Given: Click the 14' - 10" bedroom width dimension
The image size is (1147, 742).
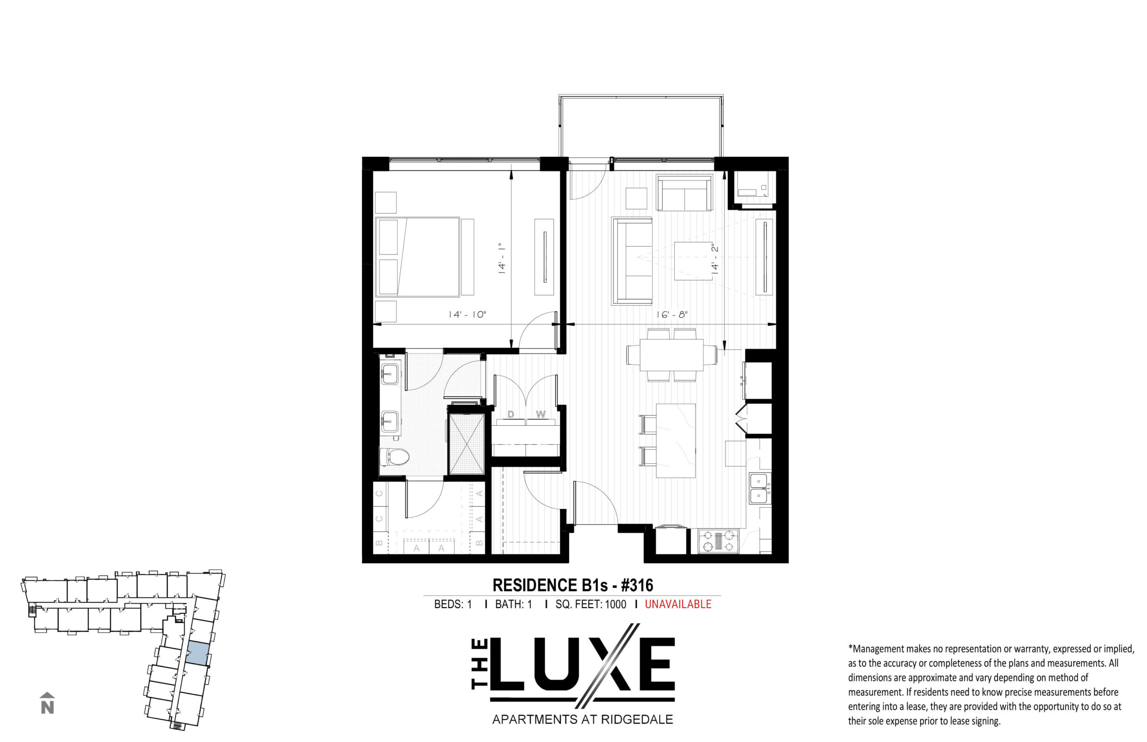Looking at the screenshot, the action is [x=467, y=315].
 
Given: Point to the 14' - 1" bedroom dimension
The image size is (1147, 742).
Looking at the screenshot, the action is [x=502, y=259].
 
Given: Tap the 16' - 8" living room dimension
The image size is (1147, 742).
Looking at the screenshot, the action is [x=672, y=315].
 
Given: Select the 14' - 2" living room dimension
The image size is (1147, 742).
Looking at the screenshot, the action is [x=715, y=258].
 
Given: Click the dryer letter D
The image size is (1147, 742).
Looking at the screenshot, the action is [x=511, y=414].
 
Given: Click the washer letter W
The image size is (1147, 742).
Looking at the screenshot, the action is [x=541, y=414].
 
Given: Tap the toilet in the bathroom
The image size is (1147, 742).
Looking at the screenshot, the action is [x=394, y=457].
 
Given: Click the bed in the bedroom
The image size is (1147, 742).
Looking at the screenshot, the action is [x=417, y=256].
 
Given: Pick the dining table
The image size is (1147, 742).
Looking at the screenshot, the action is [x=671, y=355].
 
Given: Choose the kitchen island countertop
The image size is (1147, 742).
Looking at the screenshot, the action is [x=676, y=440].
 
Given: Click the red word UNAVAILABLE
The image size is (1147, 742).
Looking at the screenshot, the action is [x=678, y=604].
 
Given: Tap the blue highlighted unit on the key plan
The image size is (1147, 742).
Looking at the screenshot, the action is [x=198, y=653].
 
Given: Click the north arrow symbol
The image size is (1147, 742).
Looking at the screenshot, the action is [x=47, y=703].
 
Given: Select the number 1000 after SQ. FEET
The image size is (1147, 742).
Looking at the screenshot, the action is [x=615, y=604].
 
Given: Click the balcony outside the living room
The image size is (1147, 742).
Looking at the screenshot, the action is [x=641, y=126].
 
